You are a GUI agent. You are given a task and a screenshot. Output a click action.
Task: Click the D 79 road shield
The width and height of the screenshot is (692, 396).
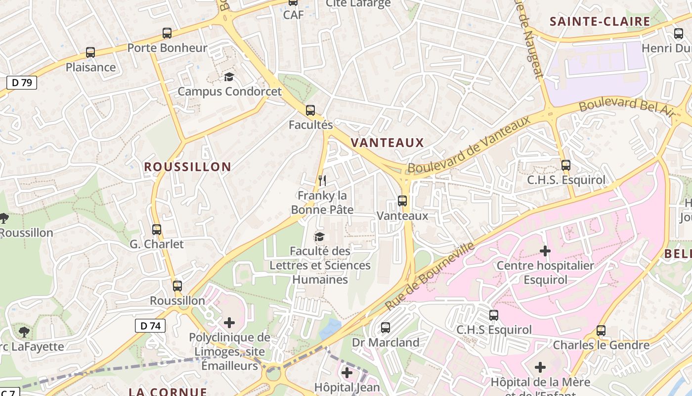click(x=22, y=83)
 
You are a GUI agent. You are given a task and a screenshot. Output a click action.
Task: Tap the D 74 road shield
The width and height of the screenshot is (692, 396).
click(x=150, y=326)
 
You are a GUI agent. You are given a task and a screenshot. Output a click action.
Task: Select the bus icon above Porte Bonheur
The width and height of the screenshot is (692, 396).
click(x=167, y=34)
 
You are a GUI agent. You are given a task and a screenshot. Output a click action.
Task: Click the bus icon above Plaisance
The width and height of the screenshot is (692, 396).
click(x=90, y=52)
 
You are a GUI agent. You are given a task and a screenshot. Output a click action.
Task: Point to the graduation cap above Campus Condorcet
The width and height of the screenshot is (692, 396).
click(x=229, y=77)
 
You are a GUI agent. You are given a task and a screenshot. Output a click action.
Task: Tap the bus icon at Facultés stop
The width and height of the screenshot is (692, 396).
click(x=310, y=110)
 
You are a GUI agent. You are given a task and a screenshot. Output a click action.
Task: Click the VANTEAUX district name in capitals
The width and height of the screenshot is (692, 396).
click(x=387, y=143)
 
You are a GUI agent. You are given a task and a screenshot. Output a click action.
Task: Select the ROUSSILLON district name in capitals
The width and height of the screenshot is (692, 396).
click(x=187, y=167)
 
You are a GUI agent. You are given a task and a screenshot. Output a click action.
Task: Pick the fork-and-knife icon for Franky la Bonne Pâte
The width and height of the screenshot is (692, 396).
click(x=322, y=180)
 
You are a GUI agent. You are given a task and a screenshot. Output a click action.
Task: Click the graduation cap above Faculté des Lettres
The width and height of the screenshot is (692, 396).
click(x=319, y=237)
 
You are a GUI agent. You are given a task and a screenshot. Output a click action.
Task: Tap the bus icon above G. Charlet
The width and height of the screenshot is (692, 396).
click(x=157, y=230)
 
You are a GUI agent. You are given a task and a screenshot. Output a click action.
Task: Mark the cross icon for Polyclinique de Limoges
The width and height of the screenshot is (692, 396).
click(x=229, y=323)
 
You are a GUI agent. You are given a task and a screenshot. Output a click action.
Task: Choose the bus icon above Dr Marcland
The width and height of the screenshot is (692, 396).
click(x=386, y=328)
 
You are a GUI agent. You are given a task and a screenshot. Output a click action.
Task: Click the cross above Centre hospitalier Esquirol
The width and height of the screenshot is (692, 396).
click(x=545, y=251)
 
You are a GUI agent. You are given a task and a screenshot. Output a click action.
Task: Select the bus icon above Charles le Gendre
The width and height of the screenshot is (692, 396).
click(x=601, y=331)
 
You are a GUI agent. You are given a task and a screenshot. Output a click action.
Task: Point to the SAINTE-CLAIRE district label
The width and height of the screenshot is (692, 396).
click(x=600, y=21)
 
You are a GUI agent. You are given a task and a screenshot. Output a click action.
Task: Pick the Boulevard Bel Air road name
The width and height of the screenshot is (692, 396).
click(x=626, y=105)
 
